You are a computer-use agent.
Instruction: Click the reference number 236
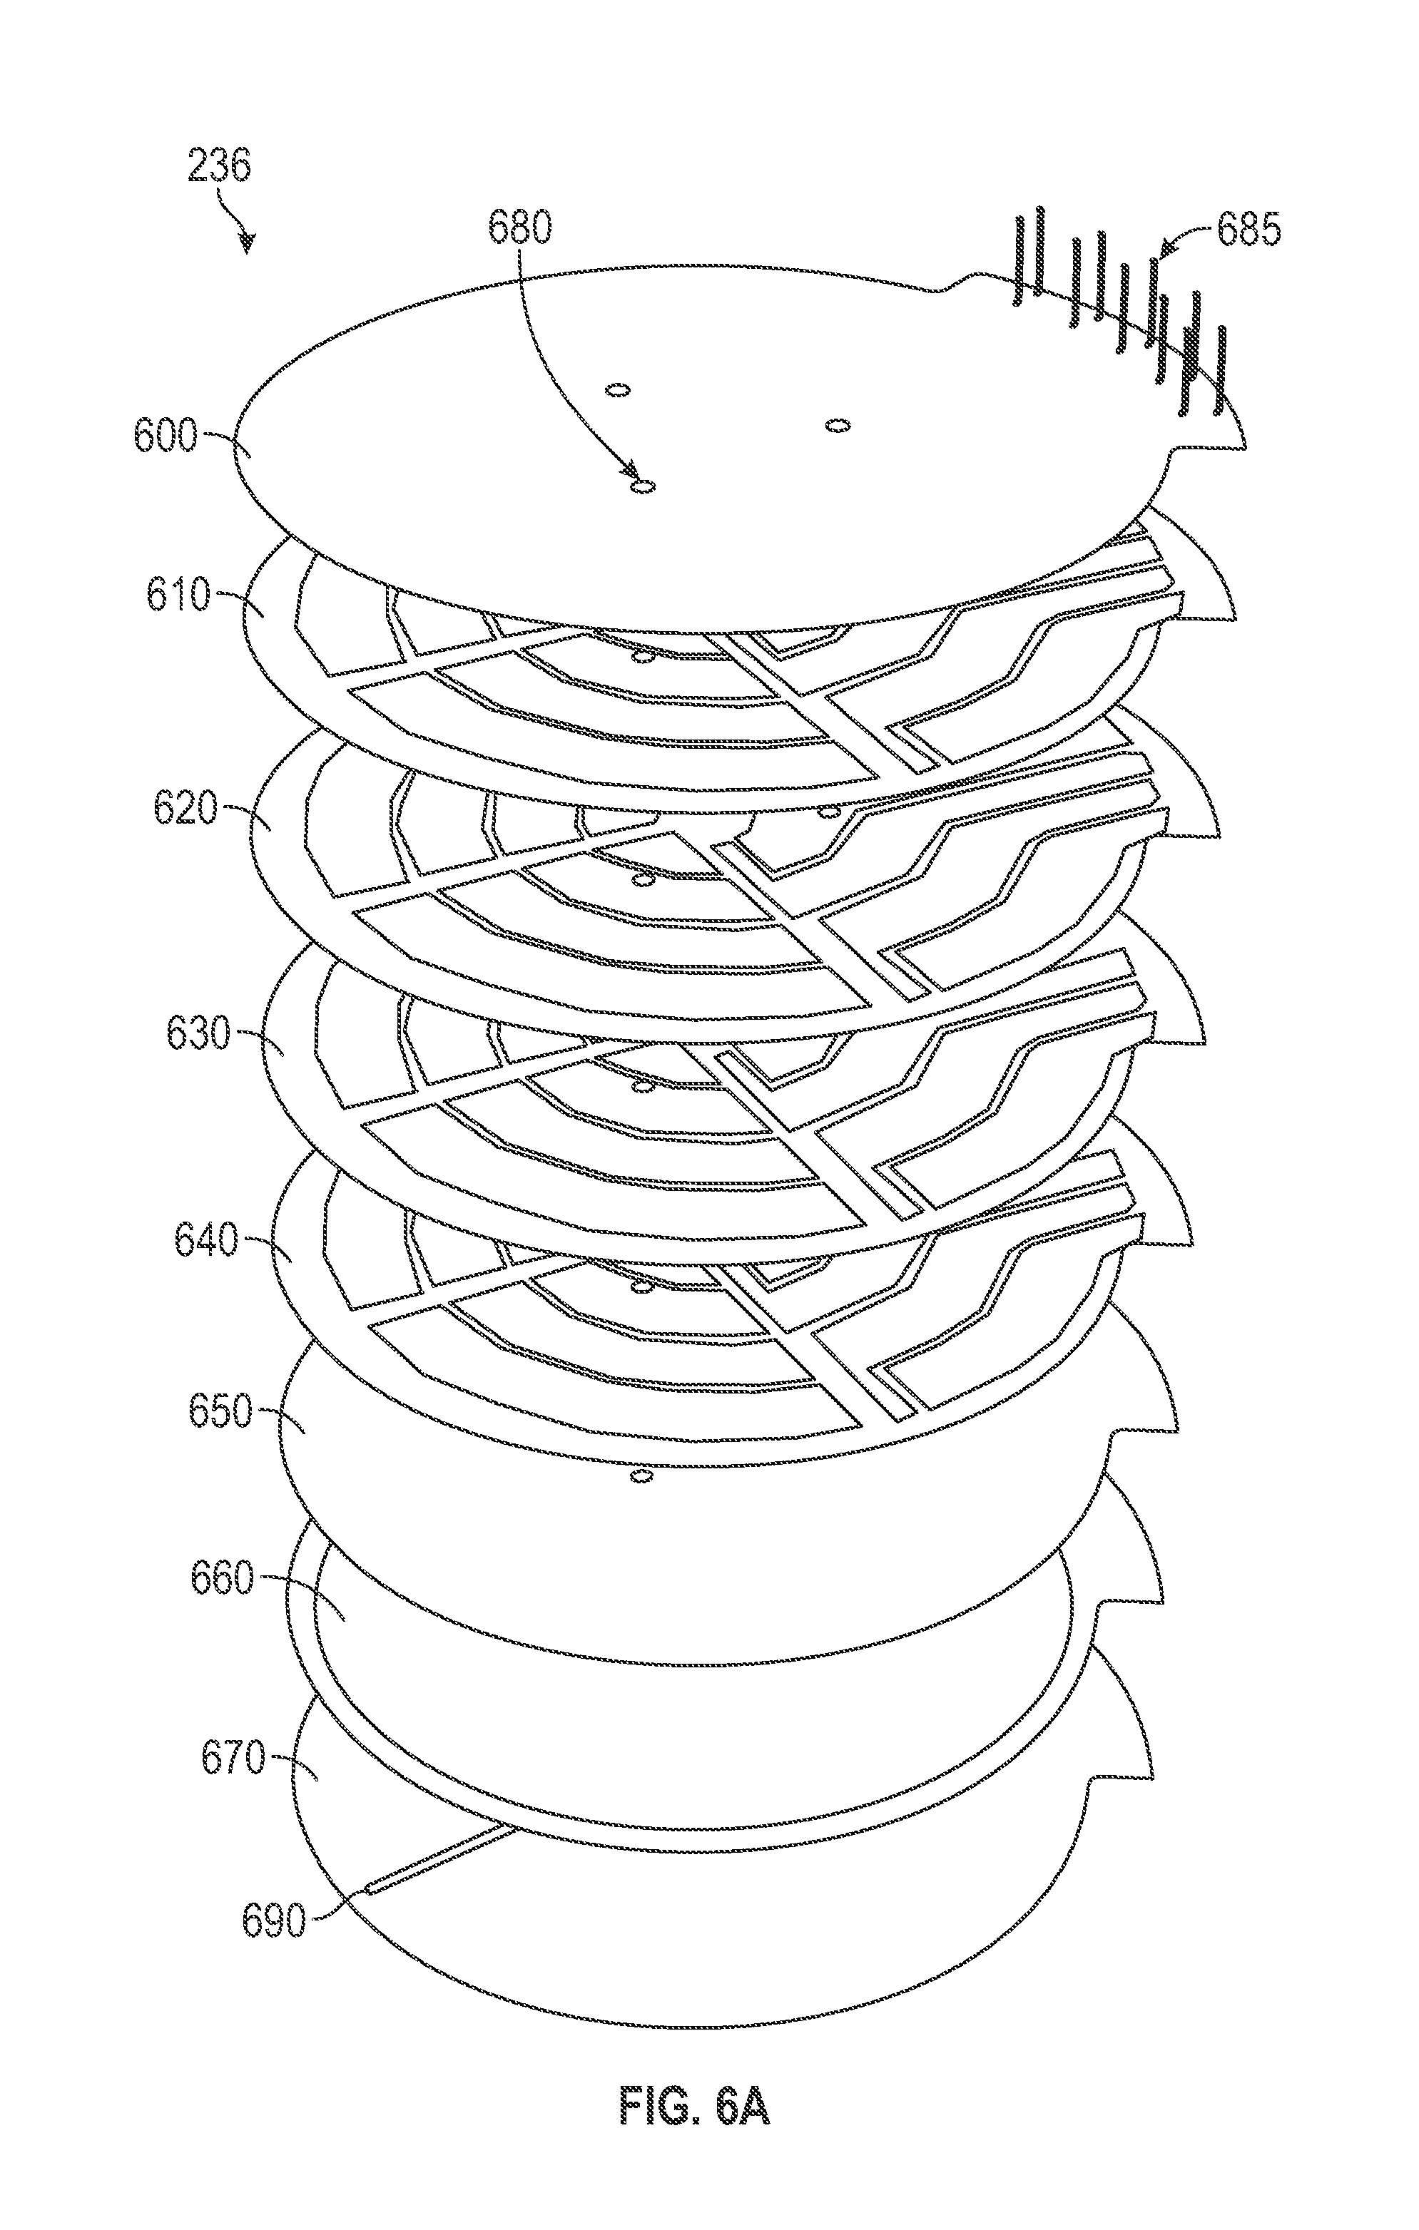pos(220,168)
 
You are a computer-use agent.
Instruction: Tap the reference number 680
pos(519,227)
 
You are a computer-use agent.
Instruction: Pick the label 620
pos(186,809)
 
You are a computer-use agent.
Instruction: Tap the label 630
pos(198,1033)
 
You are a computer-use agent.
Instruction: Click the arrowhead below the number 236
pos(246,244)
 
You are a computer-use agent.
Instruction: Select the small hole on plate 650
pos(639,1474)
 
